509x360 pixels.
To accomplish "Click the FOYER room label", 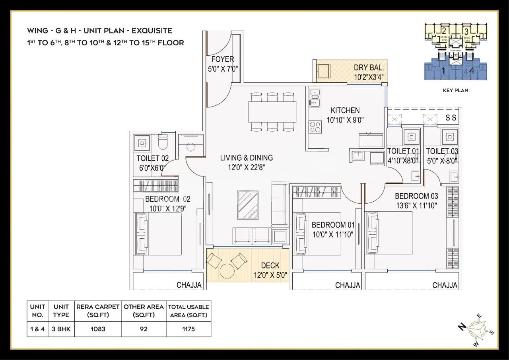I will coord(222,59).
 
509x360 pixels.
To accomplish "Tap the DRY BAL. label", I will coord(369,68).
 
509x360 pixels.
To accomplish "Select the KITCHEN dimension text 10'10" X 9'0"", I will coord(345,119).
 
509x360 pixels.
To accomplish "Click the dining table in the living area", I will coord(272,112).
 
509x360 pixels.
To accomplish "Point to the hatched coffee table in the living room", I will coord(248,205).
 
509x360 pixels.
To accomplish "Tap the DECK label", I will coord(270,266).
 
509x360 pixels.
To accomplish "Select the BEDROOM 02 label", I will coord(167,199).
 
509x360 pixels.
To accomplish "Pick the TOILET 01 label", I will coord(403,151).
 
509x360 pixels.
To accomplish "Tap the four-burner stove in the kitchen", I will coord(315,126).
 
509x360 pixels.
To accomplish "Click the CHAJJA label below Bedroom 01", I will coord(348,285).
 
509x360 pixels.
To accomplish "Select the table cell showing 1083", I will coord(97,329).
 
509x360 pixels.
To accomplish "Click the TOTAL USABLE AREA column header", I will coord(188,311).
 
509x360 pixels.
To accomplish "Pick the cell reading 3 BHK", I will coord(61,329).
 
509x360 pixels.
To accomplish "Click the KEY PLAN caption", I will coord(455,90).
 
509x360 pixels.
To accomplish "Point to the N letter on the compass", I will coord(462,327).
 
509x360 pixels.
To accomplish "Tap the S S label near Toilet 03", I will coord(451,118).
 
